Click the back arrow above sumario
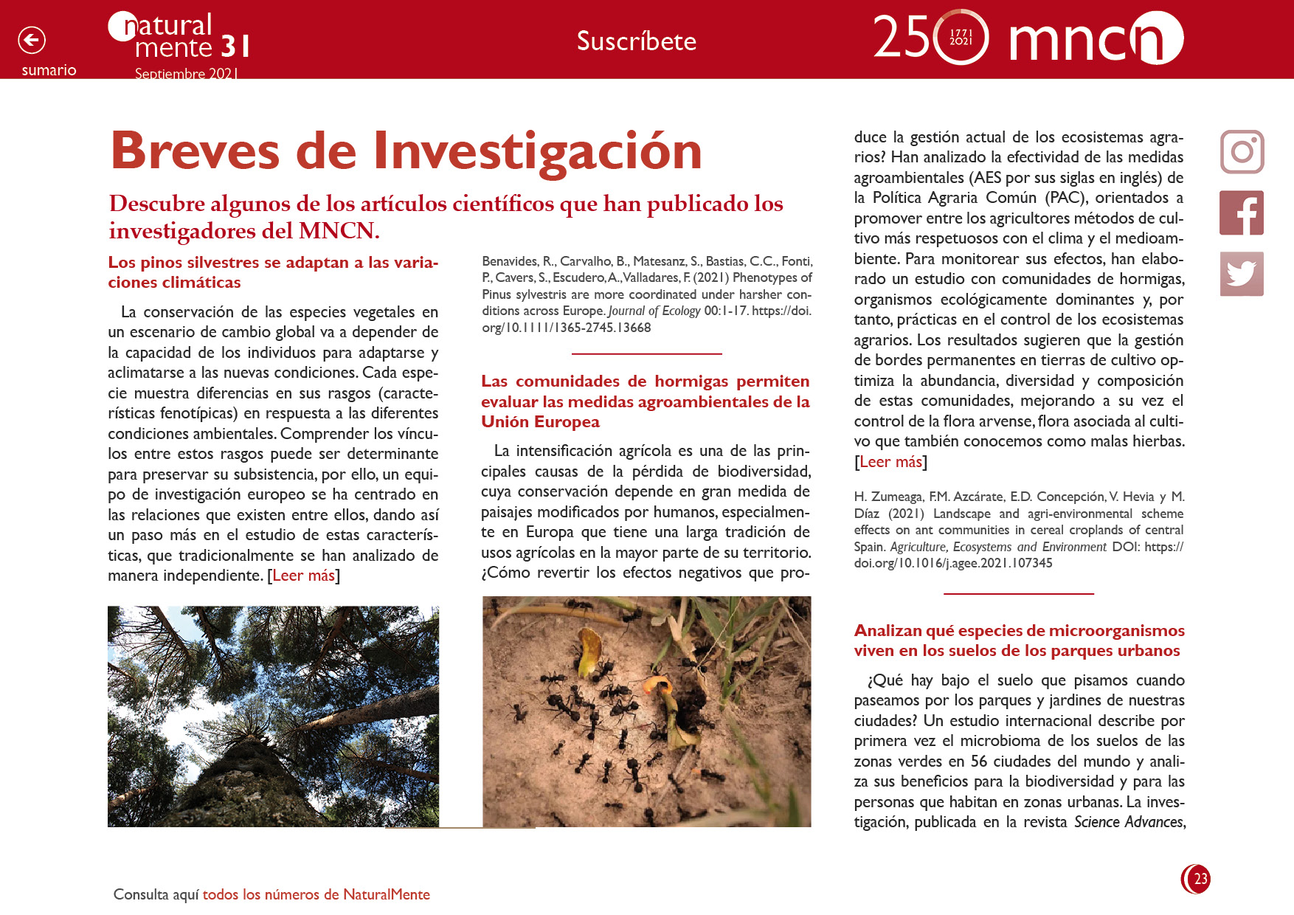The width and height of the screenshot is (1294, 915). coord(32,40)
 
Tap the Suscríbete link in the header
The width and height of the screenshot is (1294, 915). coord(636,41)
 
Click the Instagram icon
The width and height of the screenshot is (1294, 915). coord(1242,152)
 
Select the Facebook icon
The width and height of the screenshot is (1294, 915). coord(1242,213)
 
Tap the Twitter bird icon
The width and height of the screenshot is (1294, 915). coord(1242,274)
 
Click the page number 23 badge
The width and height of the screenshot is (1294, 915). coord(1197,879)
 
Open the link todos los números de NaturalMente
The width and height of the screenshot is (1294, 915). coord(316,894)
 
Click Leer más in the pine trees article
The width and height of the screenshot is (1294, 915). coord(303,576)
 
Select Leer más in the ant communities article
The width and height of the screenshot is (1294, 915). coord(890,462)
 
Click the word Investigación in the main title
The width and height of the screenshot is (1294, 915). coord(537,151)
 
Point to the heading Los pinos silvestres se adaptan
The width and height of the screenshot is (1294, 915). coord(273,263)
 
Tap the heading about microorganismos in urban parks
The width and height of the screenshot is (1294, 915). coord(1018,640)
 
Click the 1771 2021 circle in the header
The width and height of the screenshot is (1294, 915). coord(961,37)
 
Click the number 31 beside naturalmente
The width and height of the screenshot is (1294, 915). coord(235,46)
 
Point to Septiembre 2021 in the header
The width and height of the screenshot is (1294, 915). coord(186,74)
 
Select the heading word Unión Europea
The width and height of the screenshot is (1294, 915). coord(540,422)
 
